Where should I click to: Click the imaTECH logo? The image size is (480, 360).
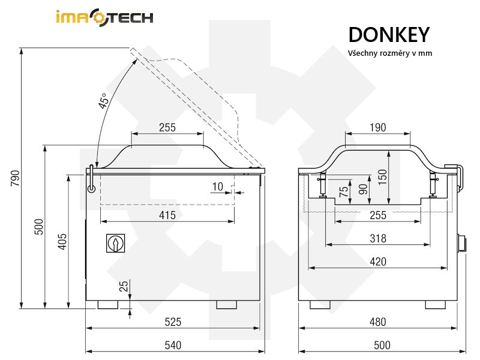[104, 17]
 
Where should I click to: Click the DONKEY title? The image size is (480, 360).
[388, 34]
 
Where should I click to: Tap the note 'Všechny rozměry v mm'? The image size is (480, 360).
[390, 53]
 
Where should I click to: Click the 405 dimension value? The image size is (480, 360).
[62, 241]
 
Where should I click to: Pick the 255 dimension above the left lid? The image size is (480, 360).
[167, 127]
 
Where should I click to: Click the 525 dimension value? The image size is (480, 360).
[173, 322]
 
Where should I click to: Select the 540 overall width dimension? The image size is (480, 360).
[173, 344]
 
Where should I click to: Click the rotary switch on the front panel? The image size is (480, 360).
[114, 243]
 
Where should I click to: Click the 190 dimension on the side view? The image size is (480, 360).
[378, 127]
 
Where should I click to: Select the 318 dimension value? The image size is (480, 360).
[378, 238]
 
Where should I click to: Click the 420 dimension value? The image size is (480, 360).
[378, 261]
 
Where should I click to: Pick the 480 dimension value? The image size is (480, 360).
[378, 322]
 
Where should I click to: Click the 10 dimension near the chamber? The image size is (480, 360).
[218, 187]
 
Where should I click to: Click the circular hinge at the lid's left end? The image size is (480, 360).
[91, 188]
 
